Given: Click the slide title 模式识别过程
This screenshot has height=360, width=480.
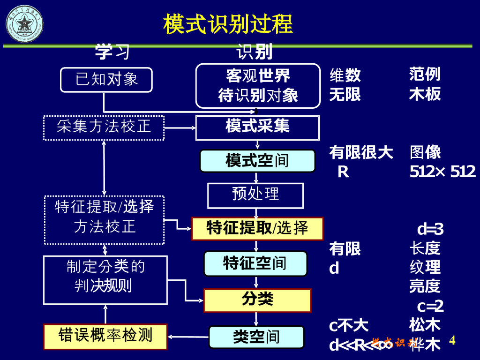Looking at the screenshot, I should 228,24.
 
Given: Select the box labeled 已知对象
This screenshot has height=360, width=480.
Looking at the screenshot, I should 106,79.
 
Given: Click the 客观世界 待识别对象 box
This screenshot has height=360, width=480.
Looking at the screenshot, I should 258,86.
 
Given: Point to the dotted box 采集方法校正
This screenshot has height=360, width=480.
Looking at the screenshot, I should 104,127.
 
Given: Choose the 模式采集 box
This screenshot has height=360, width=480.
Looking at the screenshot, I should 257,127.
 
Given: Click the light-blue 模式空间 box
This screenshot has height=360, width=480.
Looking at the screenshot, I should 257,161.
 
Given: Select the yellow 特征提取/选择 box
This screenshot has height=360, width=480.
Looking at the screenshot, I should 257,228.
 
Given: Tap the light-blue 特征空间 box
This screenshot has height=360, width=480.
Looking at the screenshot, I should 255,263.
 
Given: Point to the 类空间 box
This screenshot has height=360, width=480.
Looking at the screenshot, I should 256,337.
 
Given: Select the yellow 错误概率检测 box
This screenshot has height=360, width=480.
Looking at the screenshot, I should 105,336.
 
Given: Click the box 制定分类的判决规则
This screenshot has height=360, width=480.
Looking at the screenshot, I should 105,280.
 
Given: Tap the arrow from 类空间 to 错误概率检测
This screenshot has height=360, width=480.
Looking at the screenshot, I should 188,336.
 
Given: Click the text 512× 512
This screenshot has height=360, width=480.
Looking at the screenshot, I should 442,172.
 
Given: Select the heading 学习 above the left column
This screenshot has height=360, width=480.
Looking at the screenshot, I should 112,52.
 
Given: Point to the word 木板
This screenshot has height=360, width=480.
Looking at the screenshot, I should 425,94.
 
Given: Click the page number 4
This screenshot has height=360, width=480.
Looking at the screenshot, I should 452,340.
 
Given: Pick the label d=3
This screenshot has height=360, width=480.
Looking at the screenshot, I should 430,229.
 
